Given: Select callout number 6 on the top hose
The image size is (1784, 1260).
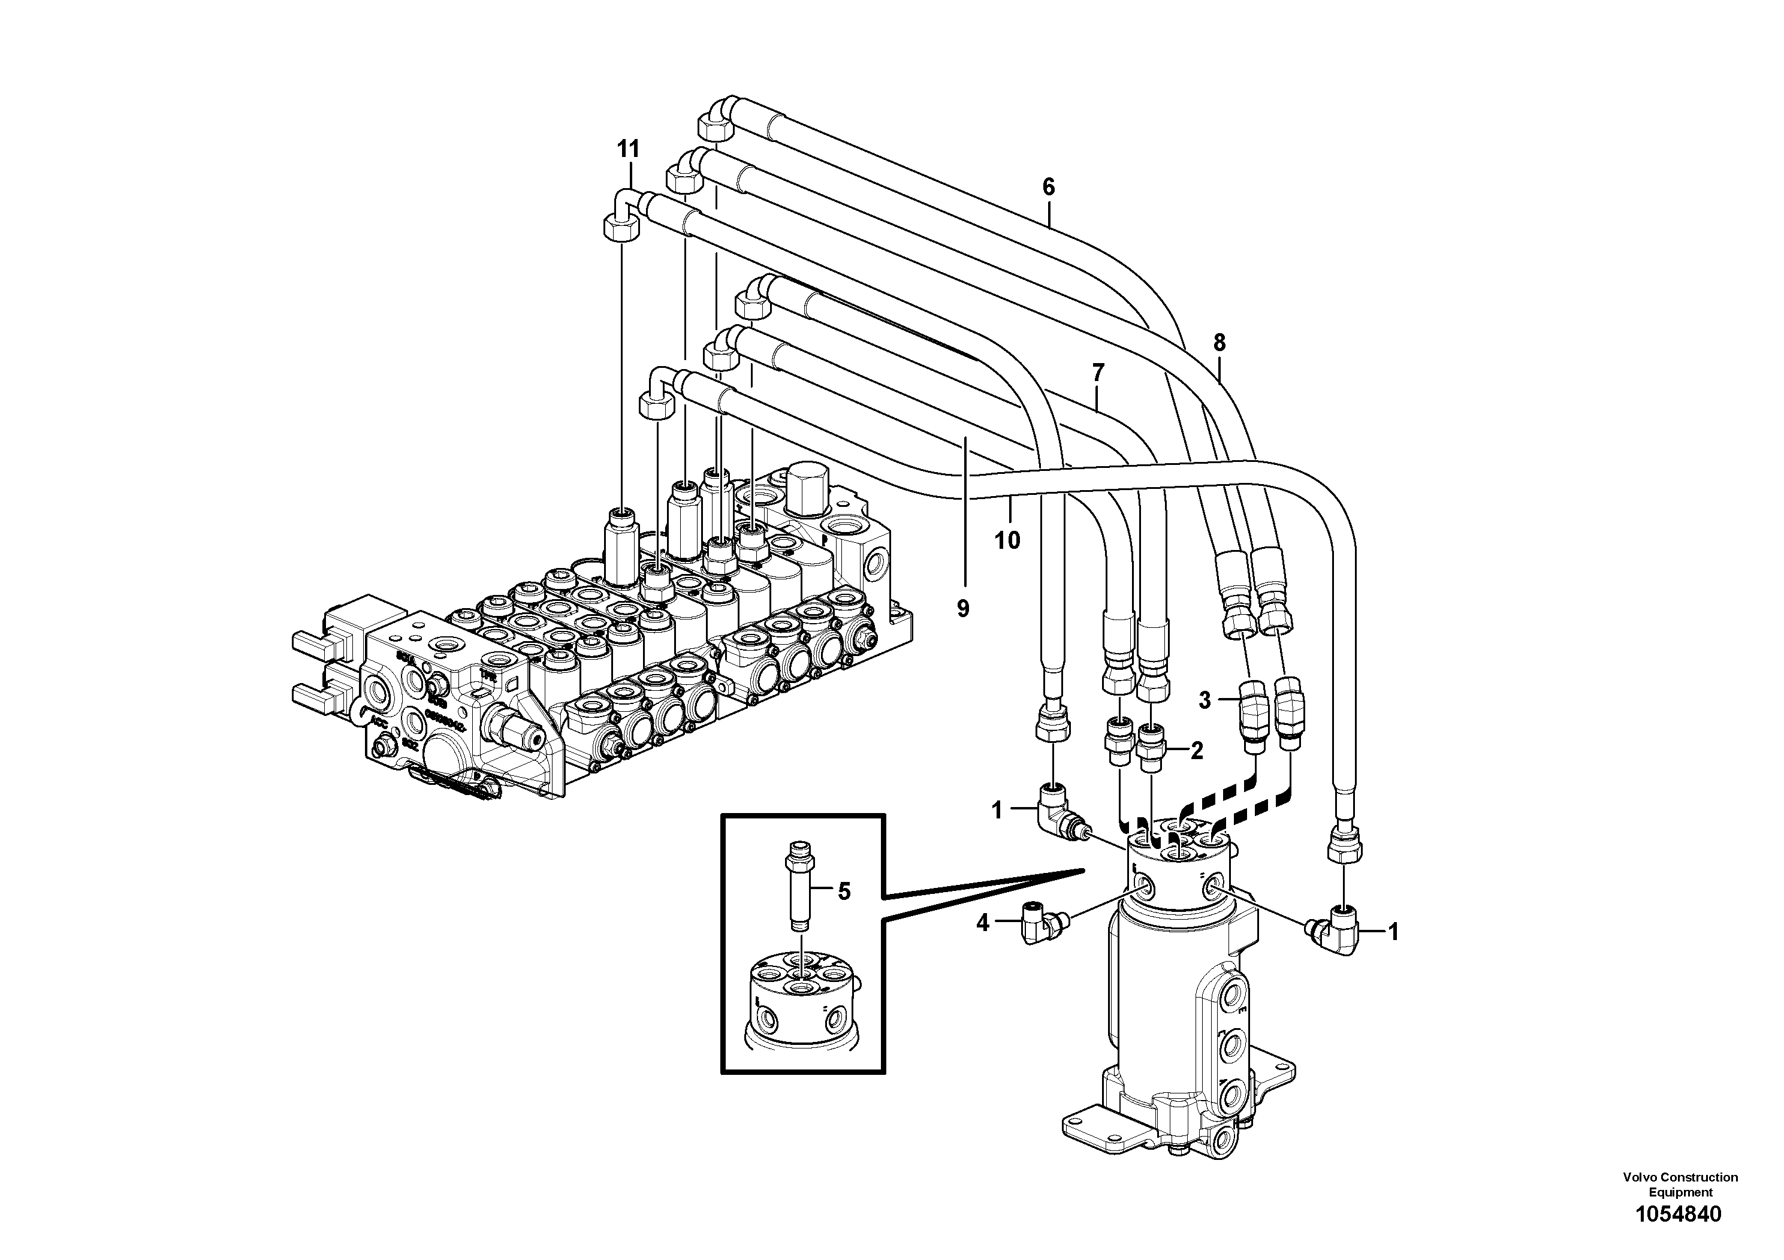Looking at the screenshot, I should pos(1048,186).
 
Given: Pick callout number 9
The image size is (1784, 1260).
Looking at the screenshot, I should pos(962,608).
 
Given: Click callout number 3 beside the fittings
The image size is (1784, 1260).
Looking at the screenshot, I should pos(1205,700).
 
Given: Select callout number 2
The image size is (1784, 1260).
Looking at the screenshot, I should pos(1196,750).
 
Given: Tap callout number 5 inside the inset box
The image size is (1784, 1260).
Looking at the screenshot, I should pos(844,891).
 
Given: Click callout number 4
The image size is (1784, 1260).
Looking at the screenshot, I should pos(982,924).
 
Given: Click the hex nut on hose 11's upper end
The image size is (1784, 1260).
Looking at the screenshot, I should pos(621,229).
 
